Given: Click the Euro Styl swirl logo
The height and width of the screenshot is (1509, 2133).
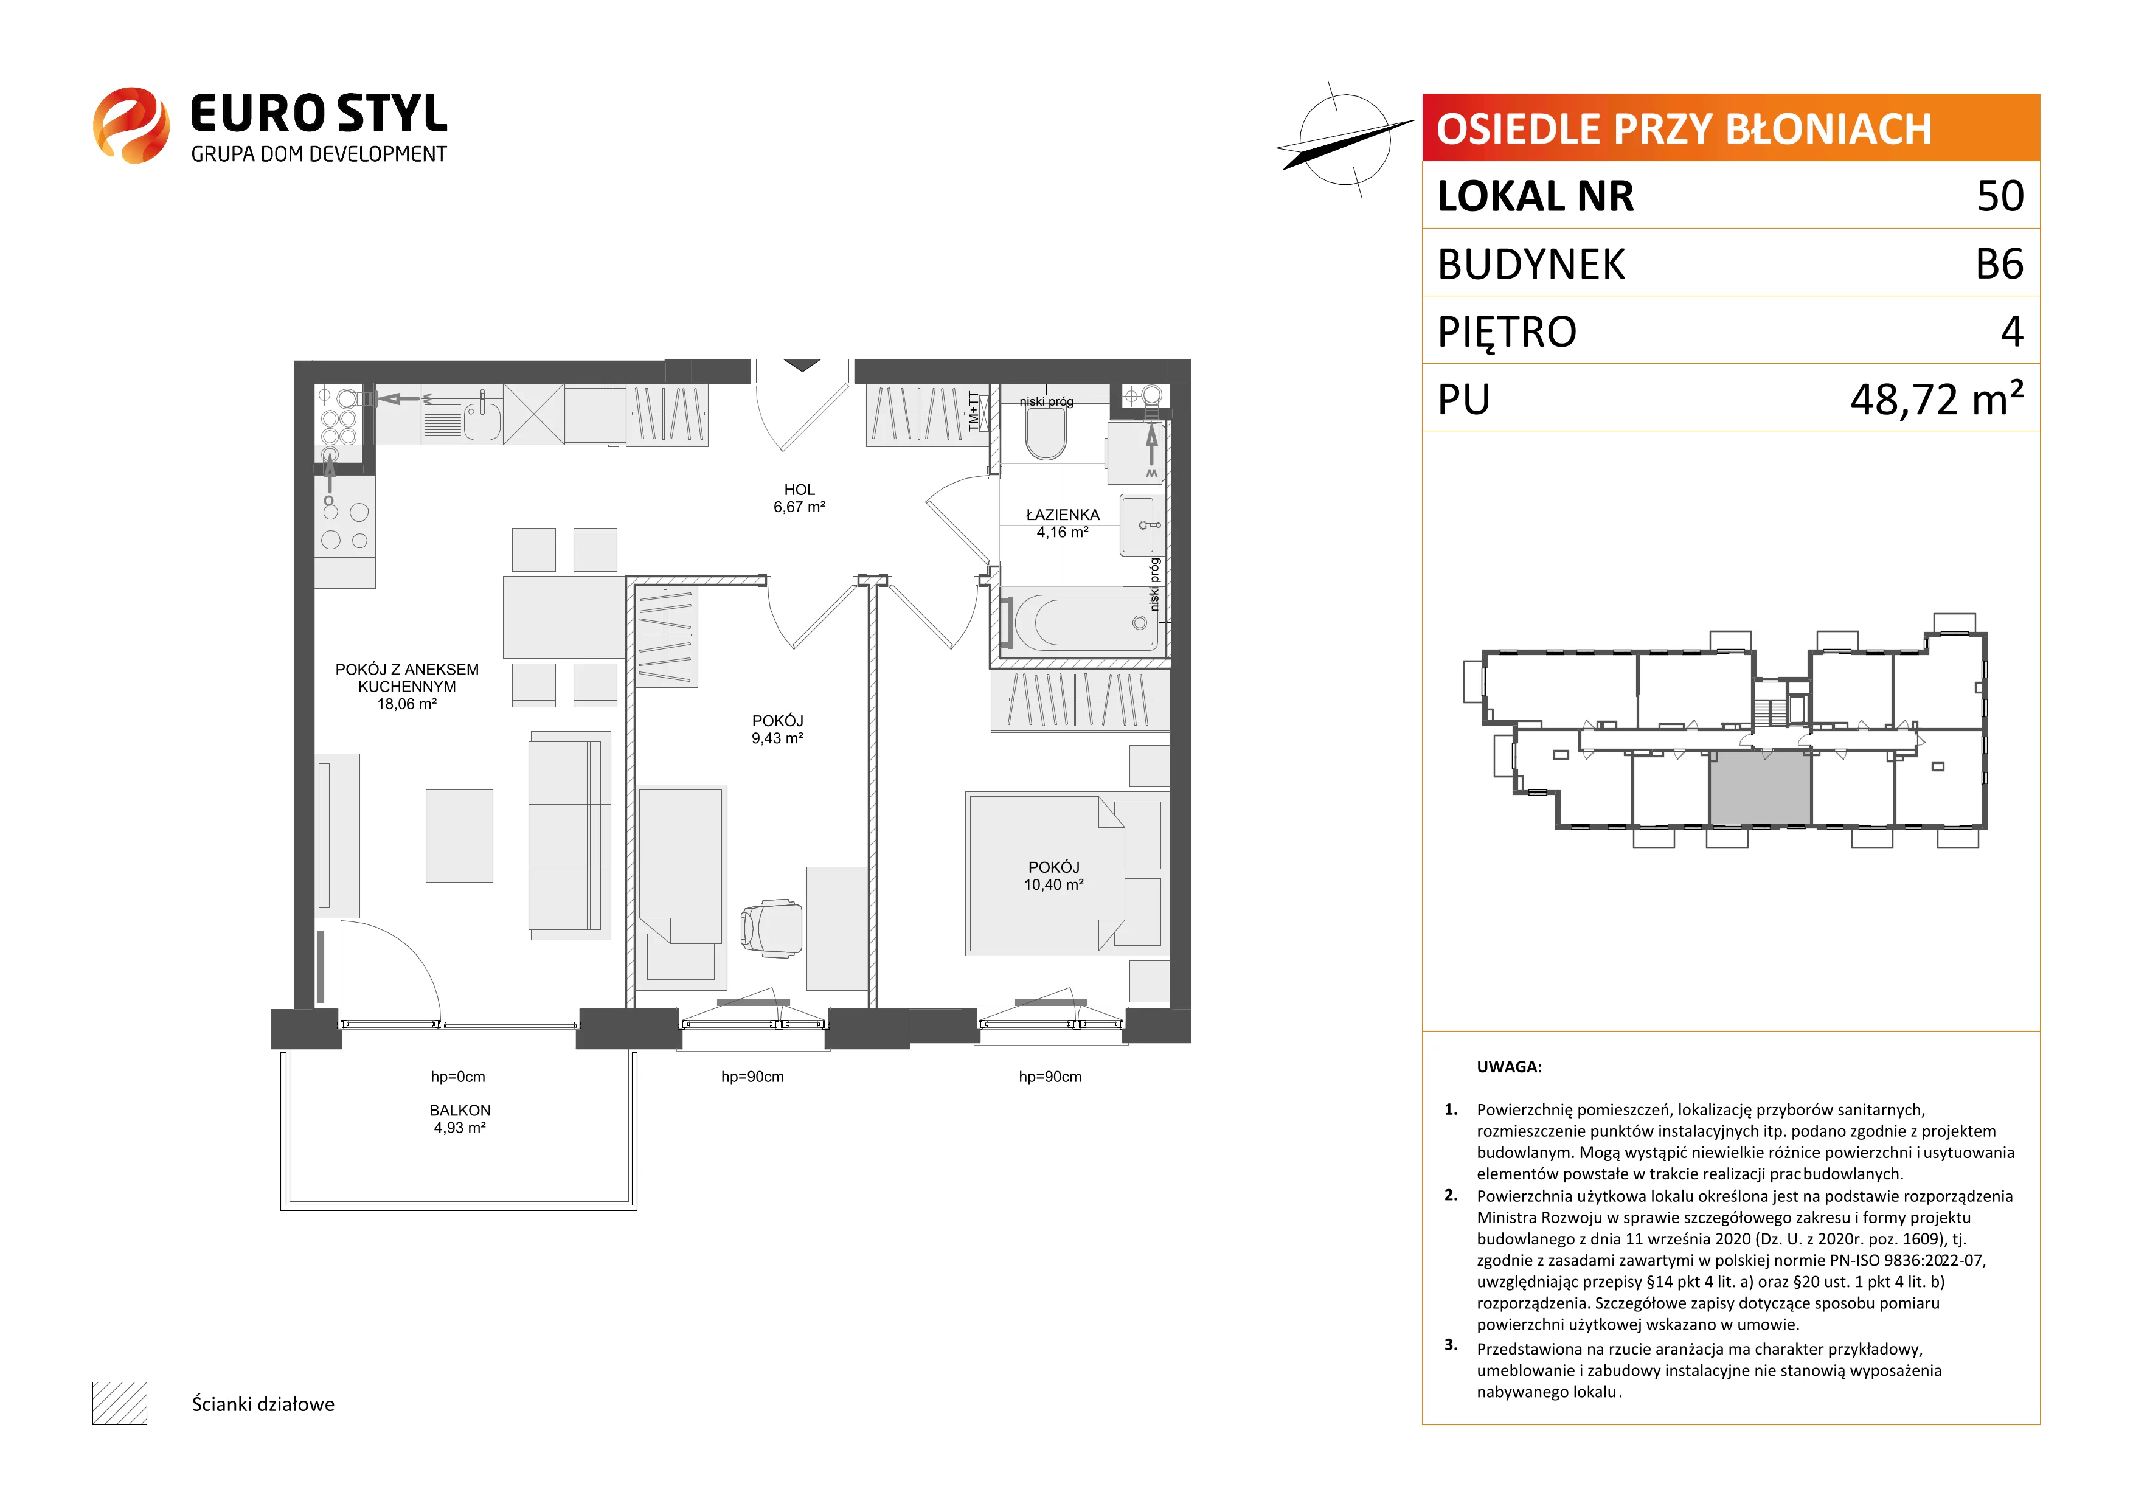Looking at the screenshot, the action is pyautogui.click(x=131, y=125).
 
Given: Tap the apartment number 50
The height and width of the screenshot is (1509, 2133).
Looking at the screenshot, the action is pyautogui.click(x=2000, y=196).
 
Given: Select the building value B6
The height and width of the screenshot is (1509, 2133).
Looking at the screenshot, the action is pyautogui.click(x=1999, y=264).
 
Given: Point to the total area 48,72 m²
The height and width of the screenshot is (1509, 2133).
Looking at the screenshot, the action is pyautogui.click(x=1937, y=398).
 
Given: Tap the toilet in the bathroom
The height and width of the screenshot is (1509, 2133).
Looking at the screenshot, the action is pyautogui.click(x=1046, y=434).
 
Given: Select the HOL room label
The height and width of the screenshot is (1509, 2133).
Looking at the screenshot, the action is pyautogui.click(x=799, y=490).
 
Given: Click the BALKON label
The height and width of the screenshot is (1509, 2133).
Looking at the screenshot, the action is pyautogui.click(x=460, y=1111).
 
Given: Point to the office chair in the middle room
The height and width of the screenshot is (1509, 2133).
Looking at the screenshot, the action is pyautogui.click(x=770, y=928).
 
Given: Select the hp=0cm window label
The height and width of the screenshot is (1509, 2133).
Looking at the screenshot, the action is pyautogui.click(x=458, y=1077).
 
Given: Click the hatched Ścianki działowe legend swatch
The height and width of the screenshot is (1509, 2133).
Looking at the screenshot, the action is pyautogui.click(x=120, y=1403).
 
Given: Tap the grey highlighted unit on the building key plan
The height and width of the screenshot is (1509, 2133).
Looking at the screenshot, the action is pyautogui.click(x=1760, y=788).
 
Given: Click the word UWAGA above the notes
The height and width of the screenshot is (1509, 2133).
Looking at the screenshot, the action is pyautogui.click(x=1509, y=1067).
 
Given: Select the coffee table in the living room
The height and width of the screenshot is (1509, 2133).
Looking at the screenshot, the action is pyautogui.click(x=459, y=835).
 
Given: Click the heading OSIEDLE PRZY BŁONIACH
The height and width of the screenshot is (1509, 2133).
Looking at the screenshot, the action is pyautogui.click(x=1684, y=129).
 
